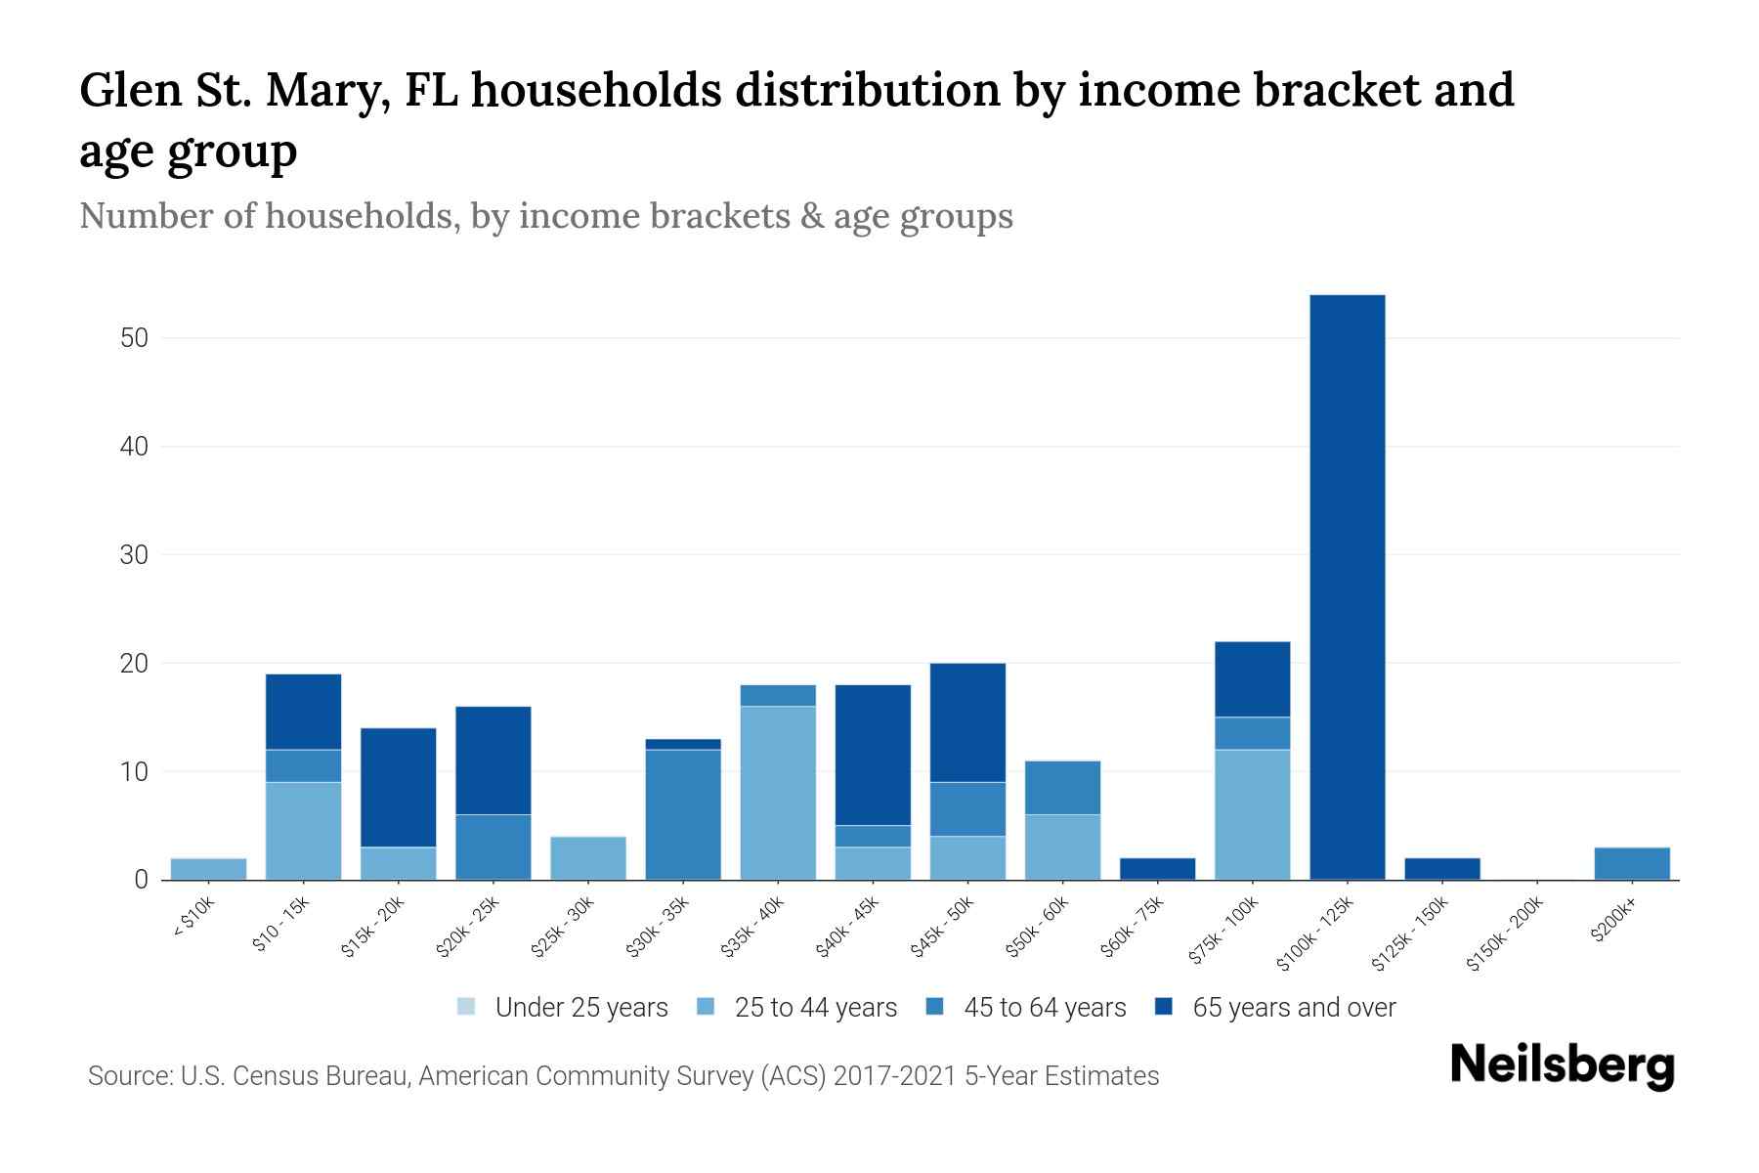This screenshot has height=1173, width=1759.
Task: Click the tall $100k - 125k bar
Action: pos(1347,586)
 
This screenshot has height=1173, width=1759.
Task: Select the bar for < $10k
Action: pos(208,869)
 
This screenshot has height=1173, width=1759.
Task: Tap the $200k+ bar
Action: pos(1631,863)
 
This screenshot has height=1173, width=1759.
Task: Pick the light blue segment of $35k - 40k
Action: pos(778,793)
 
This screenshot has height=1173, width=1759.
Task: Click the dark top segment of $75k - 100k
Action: pos(1252,679)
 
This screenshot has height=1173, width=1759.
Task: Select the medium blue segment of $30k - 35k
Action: pos(683,814)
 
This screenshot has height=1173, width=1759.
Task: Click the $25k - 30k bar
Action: pos(588,858)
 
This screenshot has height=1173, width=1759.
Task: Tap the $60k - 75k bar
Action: pos(1157,869)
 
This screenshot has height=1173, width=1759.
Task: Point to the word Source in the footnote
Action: pos(127,1076)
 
